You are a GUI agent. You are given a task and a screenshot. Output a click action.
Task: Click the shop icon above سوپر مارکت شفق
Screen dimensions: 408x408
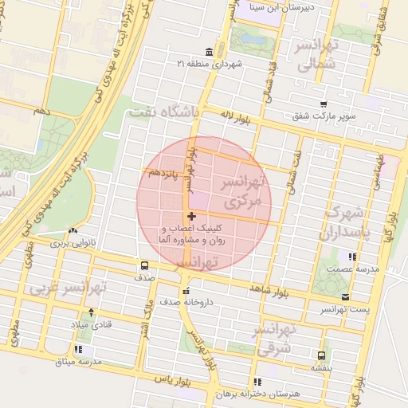(324, 104)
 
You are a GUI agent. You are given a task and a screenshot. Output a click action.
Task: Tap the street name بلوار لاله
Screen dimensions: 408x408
(235, 118)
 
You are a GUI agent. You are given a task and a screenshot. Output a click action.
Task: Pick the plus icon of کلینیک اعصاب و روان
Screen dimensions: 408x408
(191, 216)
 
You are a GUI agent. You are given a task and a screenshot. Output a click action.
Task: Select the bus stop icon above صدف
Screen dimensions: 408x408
(144, 265)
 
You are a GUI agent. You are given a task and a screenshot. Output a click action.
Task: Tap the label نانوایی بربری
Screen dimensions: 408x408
(73, 241)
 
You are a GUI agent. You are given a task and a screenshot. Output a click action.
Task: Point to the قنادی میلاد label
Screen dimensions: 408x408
(89, 325)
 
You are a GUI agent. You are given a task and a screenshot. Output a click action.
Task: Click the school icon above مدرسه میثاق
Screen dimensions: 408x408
(79, 349)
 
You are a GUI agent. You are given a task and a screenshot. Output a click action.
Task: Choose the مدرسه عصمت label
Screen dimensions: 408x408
(352, 269)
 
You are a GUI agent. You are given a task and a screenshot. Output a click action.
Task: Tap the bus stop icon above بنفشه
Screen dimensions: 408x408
(320, 355)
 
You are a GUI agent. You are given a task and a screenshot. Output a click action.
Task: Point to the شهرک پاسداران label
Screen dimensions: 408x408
(345, 224)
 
